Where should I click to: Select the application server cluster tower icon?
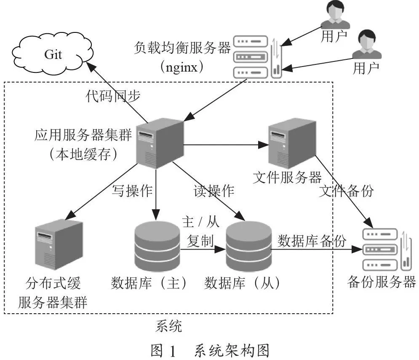pyautogui.click(x=160, y=143)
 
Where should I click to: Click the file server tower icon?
pyautogui.click(x=292, y=143)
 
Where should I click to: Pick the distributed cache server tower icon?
pyautogui.click(x=59, y=244)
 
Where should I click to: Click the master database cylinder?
pyautogui.click(x=157, y=246)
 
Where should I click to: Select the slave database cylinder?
pyautogui.click(x=249, y=246)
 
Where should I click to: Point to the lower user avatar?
pyautogui.click(x=367, y=44)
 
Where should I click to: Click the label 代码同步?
pyautogui.click(x=113, y=96)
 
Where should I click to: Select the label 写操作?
pyautogui.click(x=132, y=191)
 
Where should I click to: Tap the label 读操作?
pyautogui.click(x=214, y=191)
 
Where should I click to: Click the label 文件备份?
pyautogui.click(x=346, y=191)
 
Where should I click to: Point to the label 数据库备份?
pyautogui.click(x=312, y=241)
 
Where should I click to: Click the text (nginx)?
pyautogui.click(x=182, y=67)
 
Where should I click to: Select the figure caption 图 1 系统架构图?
pyautogui.click(x=210, y=350)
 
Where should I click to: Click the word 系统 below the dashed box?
pyautogui.click(x=168, y=326)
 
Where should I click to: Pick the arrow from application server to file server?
pyautogui.click(x=226, y=145)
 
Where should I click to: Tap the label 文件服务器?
pyautogui.click(x=287, y=177)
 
